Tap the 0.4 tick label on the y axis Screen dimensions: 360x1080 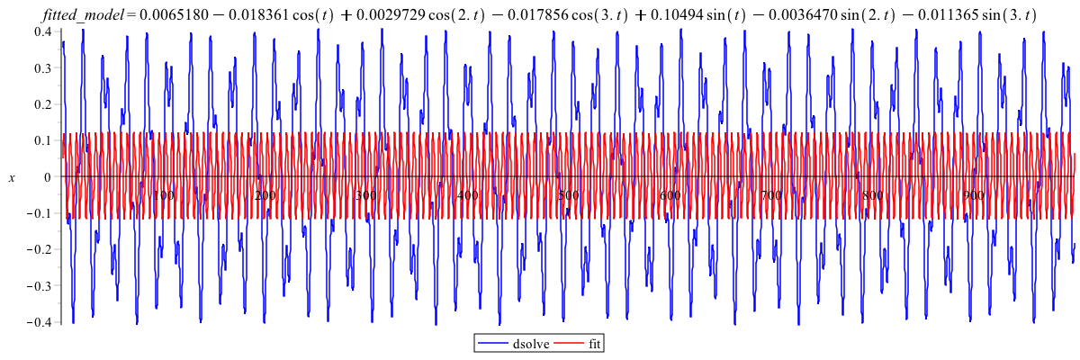pyautogui.click(x=42, y=31)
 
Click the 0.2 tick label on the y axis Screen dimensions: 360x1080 pyautogui.click(x=42, y=104)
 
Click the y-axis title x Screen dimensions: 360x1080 pyautogui.click(x=12, y=178)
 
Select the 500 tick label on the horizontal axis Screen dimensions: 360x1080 pyautogui.click(x=568, y=195)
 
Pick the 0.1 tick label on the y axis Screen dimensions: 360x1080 pyautogui.click(x=42, y=141)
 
